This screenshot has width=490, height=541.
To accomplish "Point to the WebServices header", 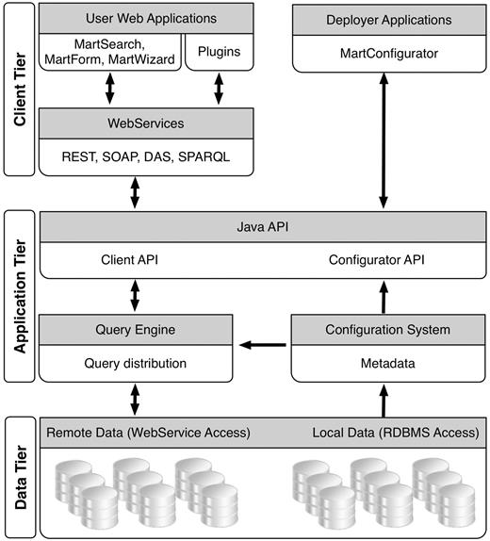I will coord(145,123).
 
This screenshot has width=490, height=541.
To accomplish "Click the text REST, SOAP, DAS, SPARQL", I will coord(145,158).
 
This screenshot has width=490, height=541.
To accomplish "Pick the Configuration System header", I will coord(386,330).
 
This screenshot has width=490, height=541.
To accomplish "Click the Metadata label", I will coord(386,363).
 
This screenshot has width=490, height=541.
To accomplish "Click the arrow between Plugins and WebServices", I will coord(219,90).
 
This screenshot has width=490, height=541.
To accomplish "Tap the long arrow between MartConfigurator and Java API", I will coord(384,141).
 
